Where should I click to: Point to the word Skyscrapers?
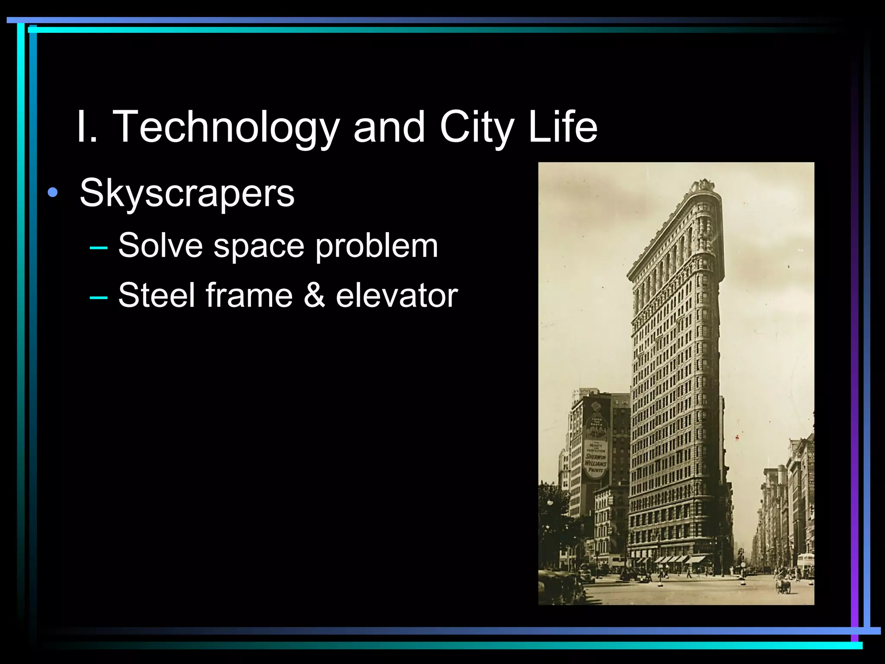(x=187, y=193)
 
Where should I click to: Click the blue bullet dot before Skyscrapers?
(x=53, y=193)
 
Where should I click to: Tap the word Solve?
(x=160, y=246)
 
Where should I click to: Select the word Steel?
(x=157, y=295)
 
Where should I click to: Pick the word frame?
(x=249, y=295)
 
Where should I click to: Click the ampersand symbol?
(x=314, y=295)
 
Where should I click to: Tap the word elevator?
(x=397, y=295)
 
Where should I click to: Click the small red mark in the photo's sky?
(x=737, y=437)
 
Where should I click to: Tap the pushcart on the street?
(x=783, y=586)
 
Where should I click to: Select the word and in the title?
(x=389, y=127)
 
